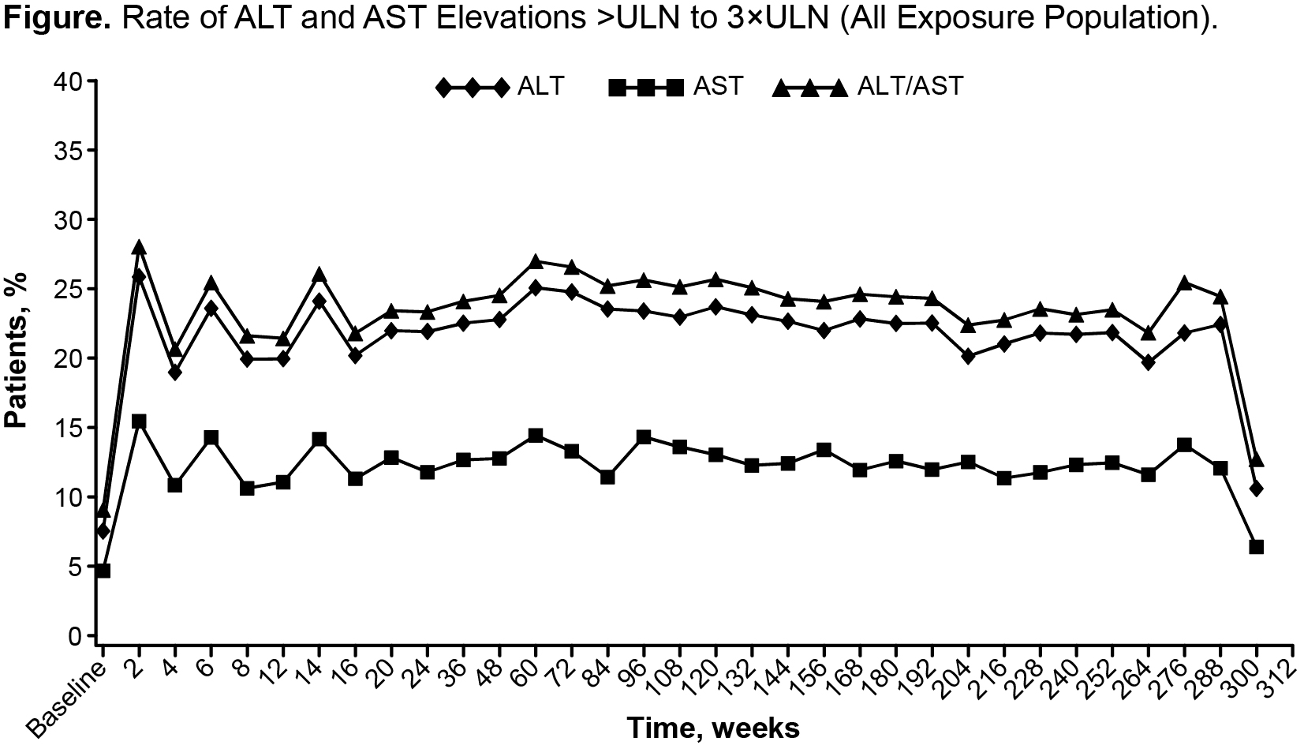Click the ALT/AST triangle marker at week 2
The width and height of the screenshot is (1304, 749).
(x=139, y=247)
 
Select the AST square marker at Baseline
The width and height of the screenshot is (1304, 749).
(x=103, y=571)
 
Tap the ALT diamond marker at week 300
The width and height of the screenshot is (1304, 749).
(x=1257, y=489)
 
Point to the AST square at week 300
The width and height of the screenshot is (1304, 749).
(x=1257, y=547)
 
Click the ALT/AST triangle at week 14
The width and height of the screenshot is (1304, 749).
(x=319, y=275)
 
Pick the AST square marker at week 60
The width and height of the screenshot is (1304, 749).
(x=535, y=436)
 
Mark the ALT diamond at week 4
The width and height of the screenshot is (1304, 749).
(x=175, y=372)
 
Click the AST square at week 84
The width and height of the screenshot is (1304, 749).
(x=607, y=477)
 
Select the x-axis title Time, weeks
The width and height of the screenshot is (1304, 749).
(x=712, y=728)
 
